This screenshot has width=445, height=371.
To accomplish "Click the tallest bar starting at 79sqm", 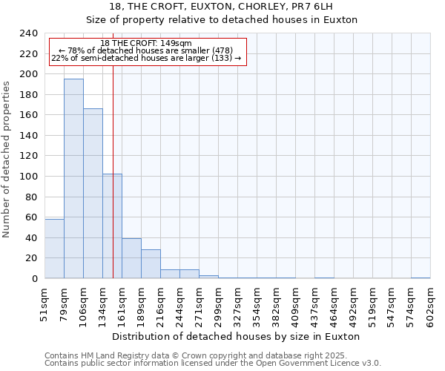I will [73, 178].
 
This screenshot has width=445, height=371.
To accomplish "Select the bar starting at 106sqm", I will [93, 193].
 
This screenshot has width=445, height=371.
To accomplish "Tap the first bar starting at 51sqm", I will [54, 249].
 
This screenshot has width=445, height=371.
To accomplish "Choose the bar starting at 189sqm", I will [151, 264].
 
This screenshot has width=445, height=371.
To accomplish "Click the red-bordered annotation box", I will [147, 51].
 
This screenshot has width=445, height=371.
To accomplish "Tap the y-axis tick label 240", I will [28, 33].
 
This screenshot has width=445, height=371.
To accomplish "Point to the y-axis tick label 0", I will [34, 279].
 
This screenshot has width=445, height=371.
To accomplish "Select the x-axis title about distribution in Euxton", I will [237, 336].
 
